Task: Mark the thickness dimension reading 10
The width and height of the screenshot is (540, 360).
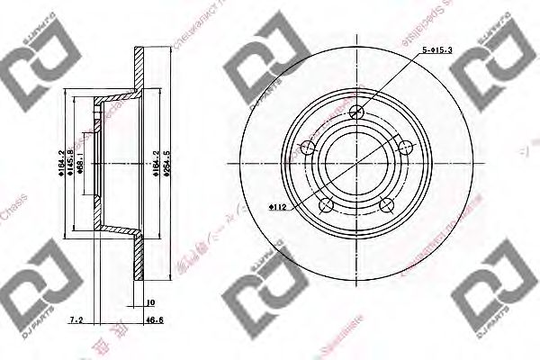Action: pos(149,302)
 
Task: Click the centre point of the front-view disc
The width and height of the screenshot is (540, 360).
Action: pos(356,163)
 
